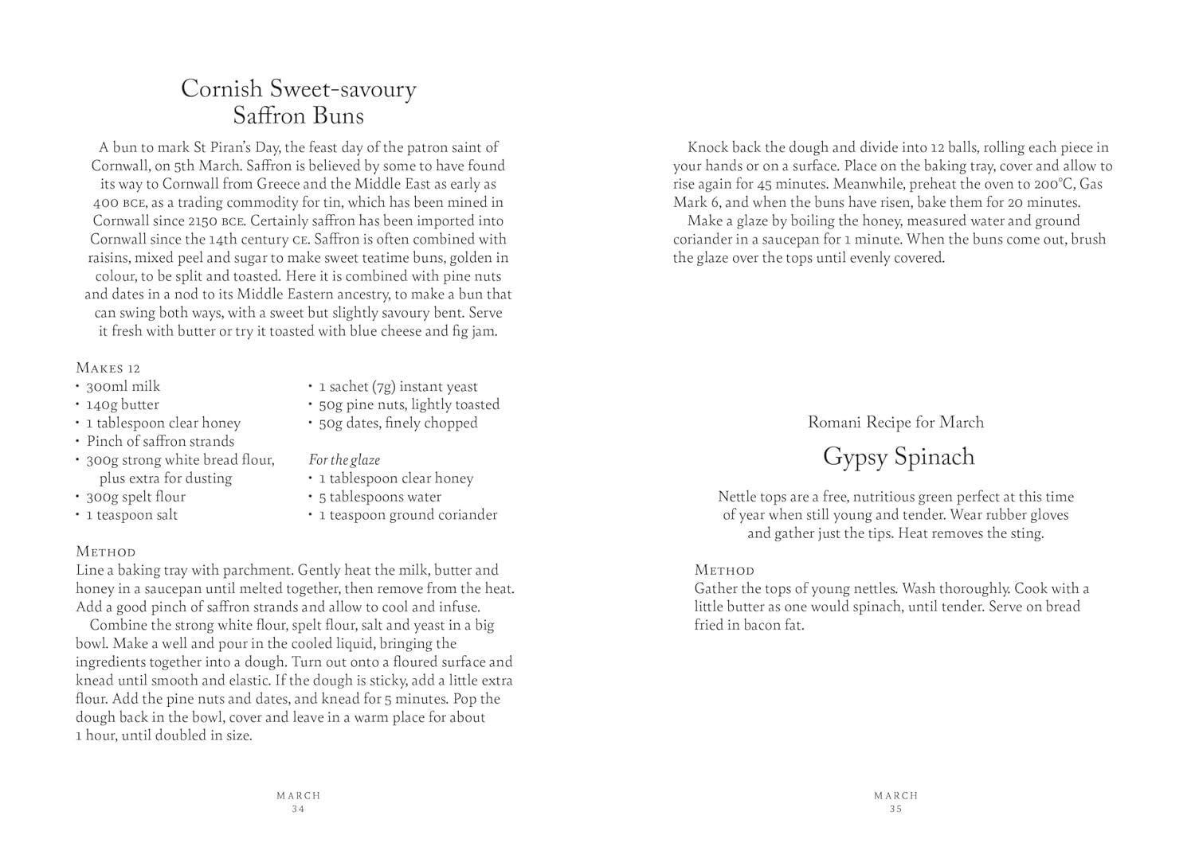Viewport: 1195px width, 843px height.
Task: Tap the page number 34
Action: coord(298,809)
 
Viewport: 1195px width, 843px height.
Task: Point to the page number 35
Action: coord(895,809)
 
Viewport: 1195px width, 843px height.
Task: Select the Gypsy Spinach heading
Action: coord(898,457)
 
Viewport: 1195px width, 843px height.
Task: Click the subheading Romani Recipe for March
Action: coord(895,422)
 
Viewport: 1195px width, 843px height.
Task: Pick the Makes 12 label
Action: coord(108,368)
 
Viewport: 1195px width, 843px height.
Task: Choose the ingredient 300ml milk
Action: coord(123,386)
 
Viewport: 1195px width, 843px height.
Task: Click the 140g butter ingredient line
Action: coord(123,404)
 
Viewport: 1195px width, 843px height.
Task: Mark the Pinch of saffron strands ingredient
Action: coord(160,441)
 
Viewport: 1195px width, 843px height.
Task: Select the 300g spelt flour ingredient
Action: coord(135,497)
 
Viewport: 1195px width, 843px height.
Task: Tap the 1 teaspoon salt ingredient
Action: coord(131,515)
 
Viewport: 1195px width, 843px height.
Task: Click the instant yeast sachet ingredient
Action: coord(398,386)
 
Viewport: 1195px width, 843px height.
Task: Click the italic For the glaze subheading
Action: coord(344,460)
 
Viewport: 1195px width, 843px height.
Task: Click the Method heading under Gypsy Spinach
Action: coord(724,570)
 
